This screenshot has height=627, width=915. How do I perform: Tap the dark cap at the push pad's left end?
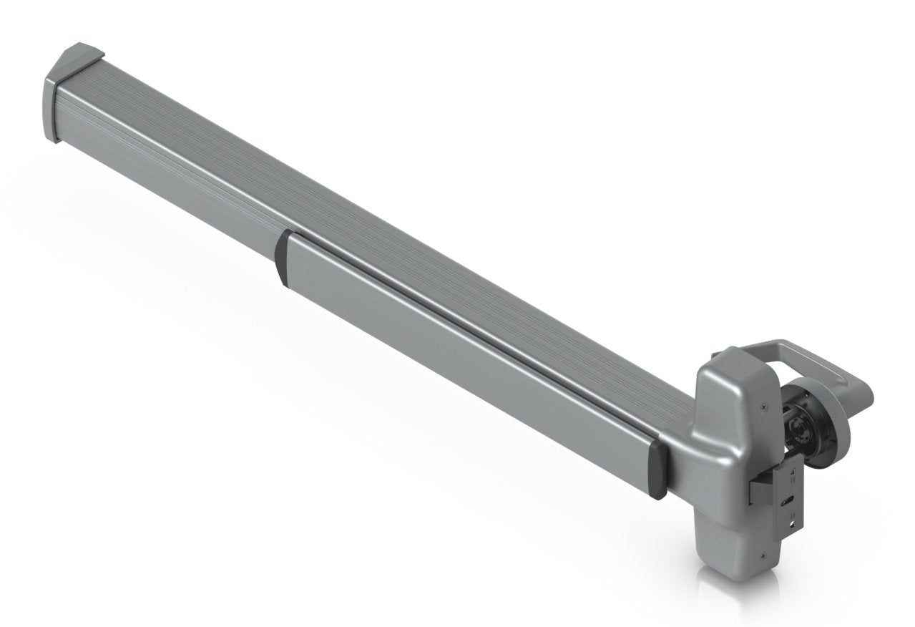tap(281, 258)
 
